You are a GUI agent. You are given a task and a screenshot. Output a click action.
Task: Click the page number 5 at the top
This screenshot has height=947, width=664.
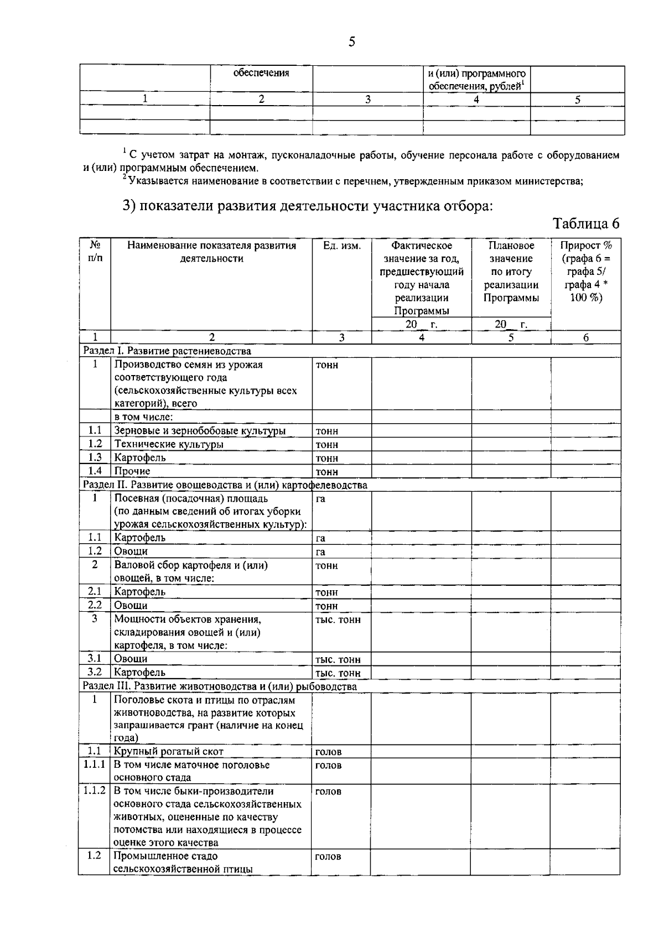[x=352, y=42]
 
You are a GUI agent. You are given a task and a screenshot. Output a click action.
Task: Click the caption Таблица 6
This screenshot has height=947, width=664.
[x=586, y=223]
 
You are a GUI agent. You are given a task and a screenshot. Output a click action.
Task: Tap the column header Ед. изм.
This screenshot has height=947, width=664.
[x=341, y=246]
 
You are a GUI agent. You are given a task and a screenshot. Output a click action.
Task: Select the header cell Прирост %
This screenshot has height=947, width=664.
[x=585, y=246]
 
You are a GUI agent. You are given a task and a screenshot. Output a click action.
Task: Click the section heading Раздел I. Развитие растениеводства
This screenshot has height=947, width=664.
[x=167, y=351]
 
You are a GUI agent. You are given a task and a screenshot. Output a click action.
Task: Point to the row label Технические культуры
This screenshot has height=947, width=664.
[x=169, y=444]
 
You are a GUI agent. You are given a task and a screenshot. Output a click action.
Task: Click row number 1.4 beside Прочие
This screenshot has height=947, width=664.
[x=95, y=471]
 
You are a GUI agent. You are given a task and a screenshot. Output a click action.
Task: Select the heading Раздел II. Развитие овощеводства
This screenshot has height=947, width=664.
[x=225, y=485]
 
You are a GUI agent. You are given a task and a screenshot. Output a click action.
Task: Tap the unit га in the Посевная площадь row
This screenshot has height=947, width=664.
[x=320, y=498]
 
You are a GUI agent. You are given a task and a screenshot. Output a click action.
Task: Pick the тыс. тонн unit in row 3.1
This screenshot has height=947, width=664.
[x=338, y=659]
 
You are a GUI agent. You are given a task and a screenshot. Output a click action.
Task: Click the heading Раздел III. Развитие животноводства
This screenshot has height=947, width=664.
[x=220, y=686]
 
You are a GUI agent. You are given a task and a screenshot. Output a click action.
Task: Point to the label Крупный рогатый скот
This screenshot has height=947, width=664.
[x=169, y=752]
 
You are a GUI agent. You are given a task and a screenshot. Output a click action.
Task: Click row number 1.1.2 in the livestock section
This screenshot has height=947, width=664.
[x=95, y=790]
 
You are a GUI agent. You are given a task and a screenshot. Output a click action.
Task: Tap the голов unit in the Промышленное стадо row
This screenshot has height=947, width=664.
[x=328, y=856]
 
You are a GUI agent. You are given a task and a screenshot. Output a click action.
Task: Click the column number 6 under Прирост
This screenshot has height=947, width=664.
[x=585, y=337]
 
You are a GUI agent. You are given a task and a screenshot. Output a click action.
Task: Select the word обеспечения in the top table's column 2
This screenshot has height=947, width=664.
[x=261, y=73]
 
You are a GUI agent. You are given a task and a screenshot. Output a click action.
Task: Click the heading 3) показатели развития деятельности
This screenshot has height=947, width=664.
[x=307, y=206]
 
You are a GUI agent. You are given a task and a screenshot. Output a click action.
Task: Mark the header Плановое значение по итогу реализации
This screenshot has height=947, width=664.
[x=511, y=272]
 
